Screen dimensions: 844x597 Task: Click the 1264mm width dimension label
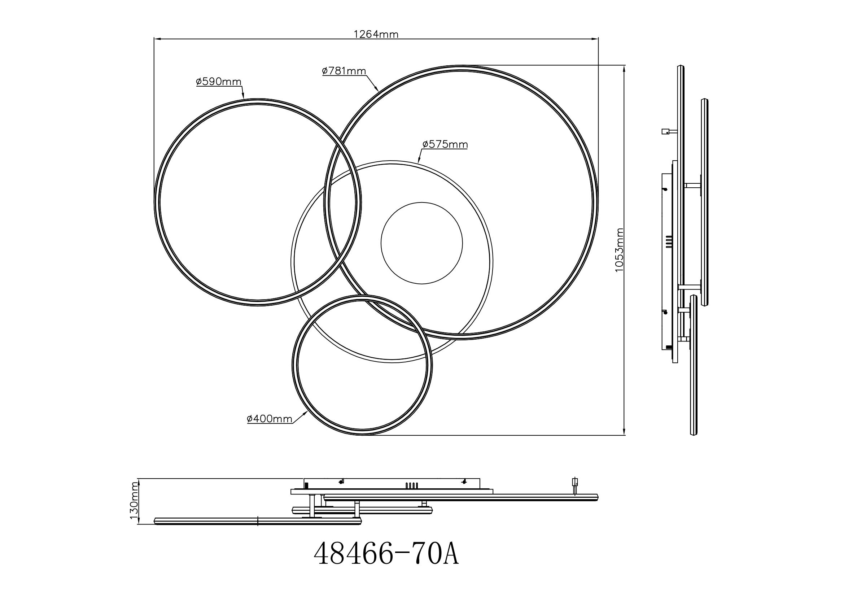click(376, 34)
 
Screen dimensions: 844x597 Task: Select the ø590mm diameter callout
click(218, 81)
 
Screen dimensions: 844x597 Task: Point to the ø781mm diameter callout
click(344, 71)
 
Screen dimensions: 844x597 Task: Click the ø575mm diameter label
click(445, 144)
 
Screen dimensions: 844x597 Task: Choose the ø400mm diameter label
click(270, 419)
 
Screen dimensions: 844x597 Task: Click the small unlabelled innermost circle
click(421, 202)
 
